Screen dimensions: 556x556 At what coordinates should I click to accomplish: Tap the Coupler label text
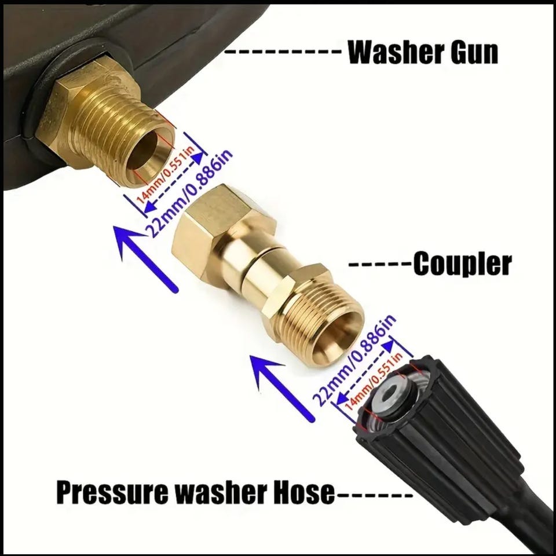coord(463,264)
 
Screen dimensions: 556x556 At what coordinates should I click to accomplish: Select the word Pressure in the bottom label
coord(112,492)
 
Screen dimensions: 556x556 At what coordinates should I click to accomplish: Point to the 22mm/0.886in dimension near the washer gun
coord(189,194)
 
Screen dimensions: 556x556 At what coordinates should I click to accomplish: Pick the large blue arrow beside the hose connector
coord(283,388)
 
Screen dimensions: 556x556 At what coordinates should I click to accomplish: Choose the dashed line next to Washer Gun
coord(283,52)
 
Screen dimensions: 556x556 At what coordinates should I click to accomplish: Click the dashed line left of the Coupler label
coord(381,265)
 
